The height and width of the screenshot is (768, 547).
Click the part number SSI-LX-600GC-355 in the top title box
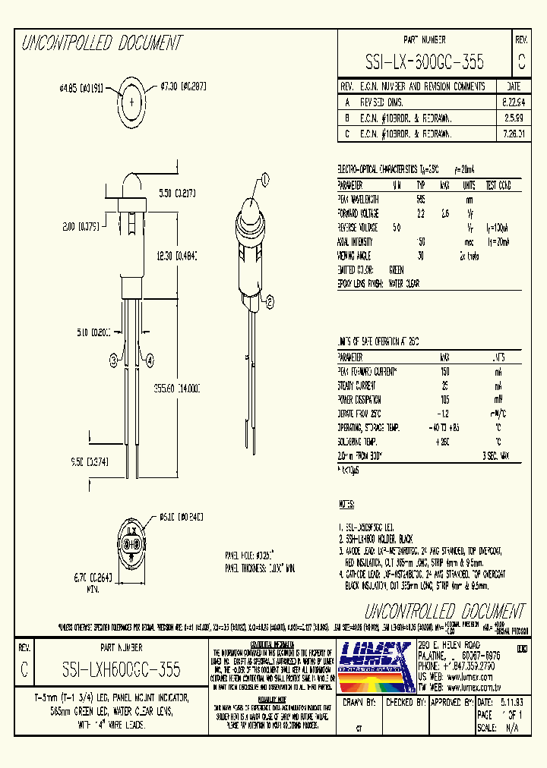coord(425,61)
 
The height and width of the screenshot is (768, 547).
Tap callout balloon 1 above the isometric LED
coord(265,180)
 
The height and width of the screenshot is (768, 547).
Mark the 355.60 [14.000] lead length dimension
coord(176,387)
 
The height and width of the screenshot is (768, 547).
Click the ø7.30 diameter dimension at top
coord(182,87)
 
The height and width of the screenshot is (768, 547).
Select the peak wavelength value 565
coord(420,199)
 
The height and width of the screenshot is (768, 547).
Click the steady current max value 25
coord(444,386)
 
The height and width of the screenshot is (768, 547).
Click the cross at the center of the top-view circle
coord(132,101)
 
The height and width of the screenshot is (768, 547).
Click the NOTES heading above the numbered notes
coord(347,504)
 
